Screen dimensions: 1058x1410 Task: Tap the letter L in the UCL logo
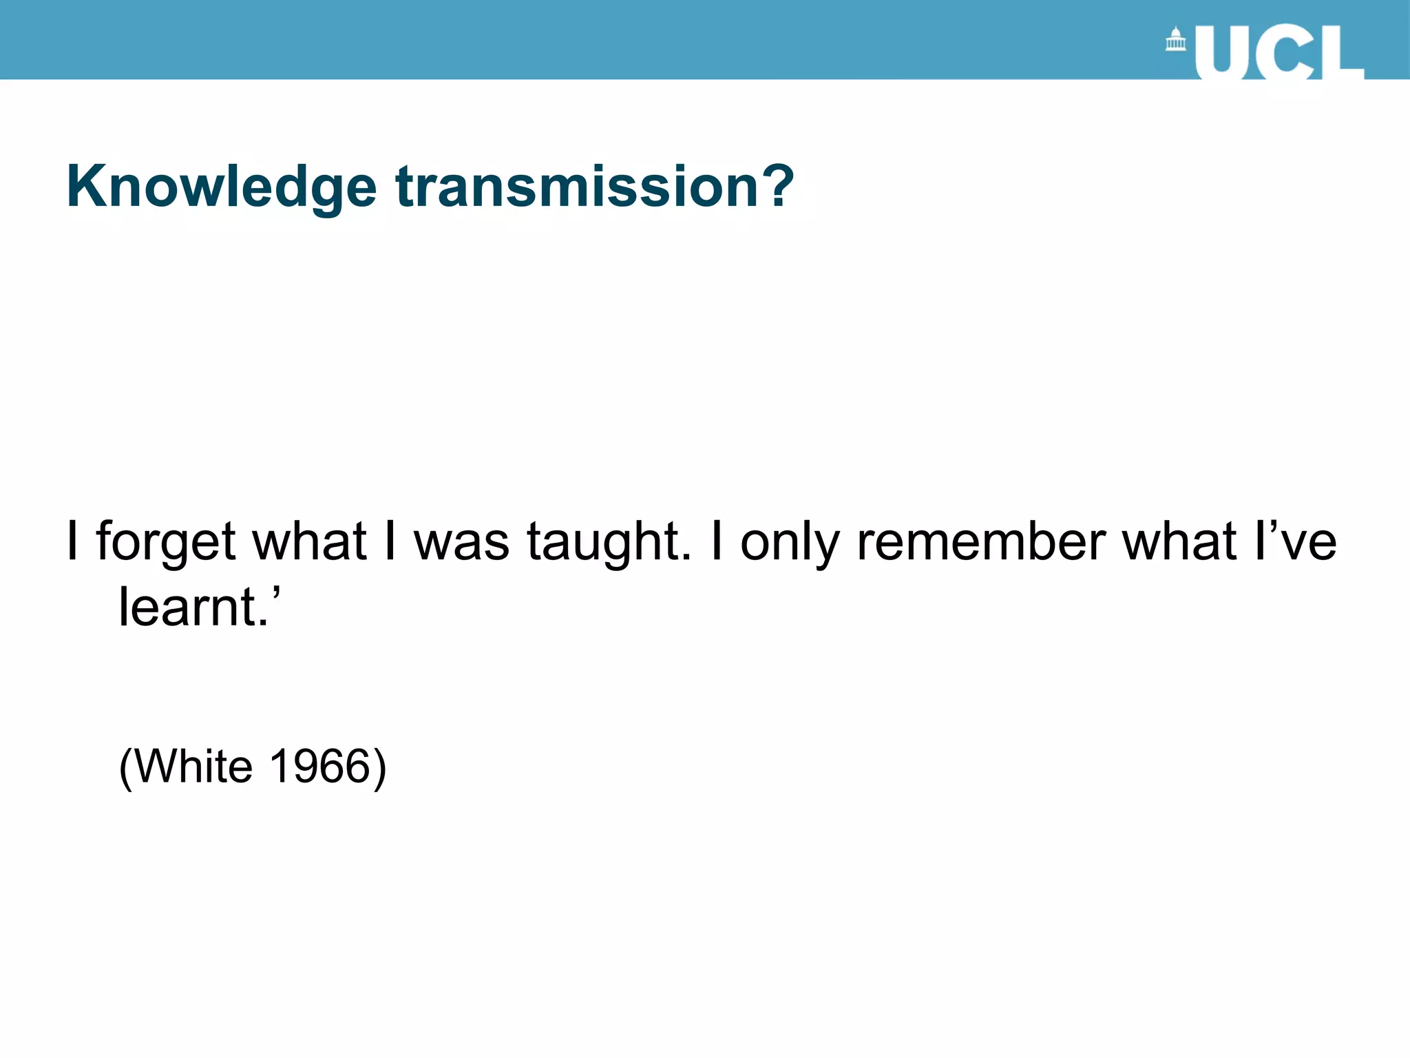pyautogui.click(x=1343, y=54)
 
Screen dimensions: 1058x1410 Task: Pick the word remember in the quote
pyautogui.click(x=980, y=541)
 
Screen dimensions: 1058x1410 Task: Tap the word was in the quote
pyautogui.click(x=461, y=541)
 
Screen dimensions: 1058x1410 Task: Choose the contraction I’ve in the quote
pyautogui.click(x=1295, y=541)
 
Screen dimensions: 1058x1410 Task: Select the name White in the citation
pyautogui.click(x=193, y=766)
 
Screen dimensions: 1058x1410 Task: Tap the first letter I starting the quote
pyautogui.click(x=72, y=541)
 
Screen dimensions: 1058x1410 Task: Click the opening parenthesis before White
pyautogui.click(x=125, y=767)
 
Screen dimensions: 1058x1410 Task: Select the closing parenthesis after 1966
pyautogui.click(x=379, y=767)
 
